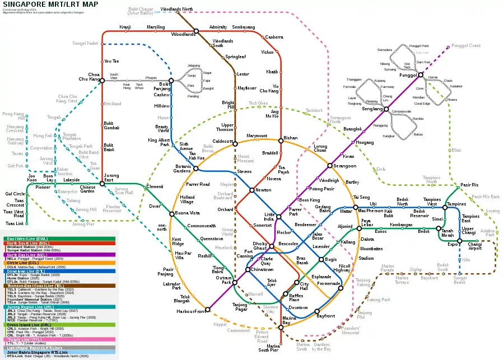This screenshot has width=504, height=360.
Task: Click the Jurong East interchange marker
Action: (x=102, y=183)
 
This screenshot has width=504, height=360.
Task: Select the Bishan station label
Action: (x=291, y=137)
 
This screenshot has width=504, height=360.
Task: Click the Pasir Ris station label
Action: (x=469, y=184)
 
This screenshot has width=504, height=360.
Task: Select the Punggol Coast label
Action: (x=466, y=45)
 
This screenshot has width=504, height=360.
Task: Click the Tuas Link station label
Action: (x=15, y=223)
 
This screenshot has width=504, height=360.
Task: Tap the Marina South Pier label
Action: (x=269, y=348)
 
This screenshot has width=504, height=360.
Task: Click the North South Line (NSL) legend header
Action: (x=25, y=243)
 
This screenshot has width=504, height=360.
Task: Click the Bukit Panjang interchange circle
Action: (x=171, y=81)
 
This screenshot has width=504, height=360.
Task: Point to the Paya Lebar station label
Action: (x=367, y=223)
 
